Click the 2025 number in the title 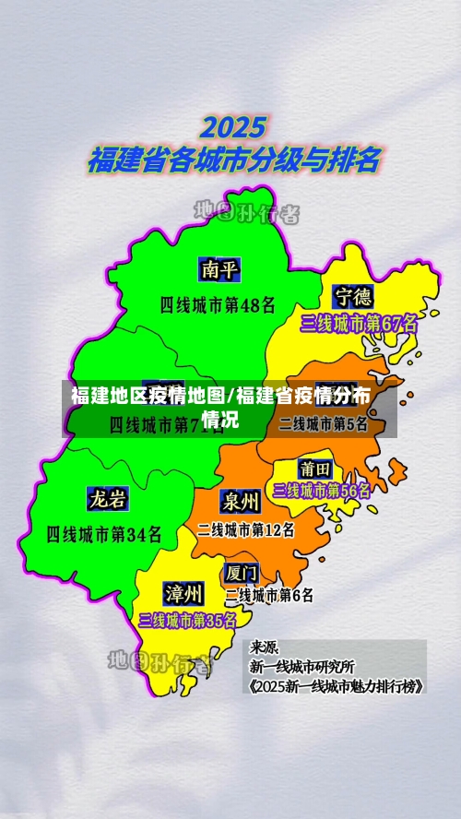[x=233, y=127]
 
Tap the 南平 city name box [x=220, y=269]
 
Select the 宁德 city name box [x=353, y=297]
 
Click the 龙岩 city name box [x=108, y=500]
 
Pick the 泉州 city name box [x=240, y=501]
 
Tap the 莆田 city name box [x=315, y=469]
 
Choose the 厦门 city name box [x=241, y=572]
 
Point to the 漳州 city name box [x=183, y=591]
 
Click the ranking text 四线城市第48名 [x=218, y=303]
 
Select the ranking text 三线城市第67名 [x=359, y=324]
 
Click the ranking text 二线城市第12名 [x=246, y=530]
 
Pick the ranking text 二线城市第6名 [x=269, y=596]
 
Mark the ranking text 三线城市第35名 [x=187, y=621]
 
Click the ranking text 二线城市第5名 [x=324, y=424]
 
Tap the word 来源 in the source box [x=265, y=647]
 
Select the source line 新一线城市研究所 [x=301, y=667]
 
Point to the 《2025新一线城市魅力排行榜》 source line [x=336, y=686]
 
